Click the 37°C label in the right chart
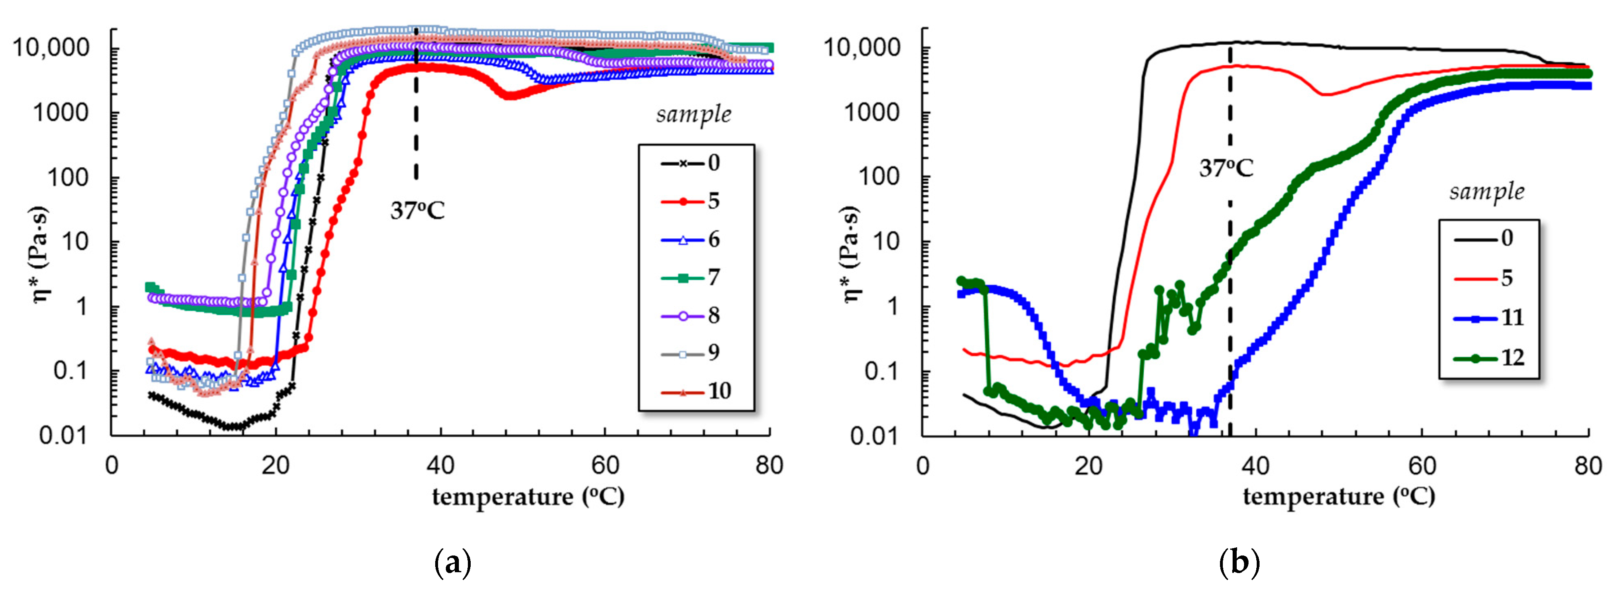point(1226,169)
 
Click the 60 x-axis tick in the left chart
point(604,466)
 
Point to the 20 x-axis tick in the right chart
point(1088,466)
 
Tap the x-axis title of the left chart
point(528,497)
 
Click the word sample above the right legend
point(1487,191)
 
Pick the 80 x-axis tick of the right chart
point(1587,466)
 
